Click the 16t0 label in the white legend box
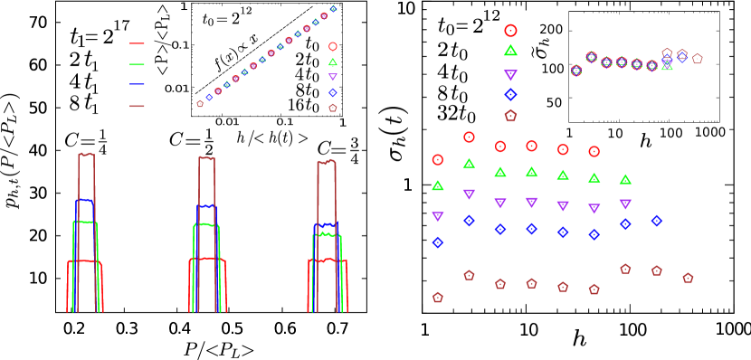pyautogui.click(x=303, y=106)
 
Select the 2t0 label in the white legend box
pyautogui.click(x=307, y=60)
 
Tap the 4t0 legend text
pyautogui.click(x=307, y=75)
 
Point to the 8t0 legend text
pyautogui.click(x=307, y=90)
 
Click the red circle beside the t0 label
pyautogui.click(x=333, y=46)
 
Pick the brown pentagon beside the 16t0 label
pyautogui.click(x=333, y=108)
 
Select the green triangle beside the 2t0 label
pyautogui.click(x=333, y=62)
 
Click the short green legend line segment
pyautogui.click(x=137, y=64)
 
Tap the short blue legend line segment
pyautogui.click(x=137, y=84)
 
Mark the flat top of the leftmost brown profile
pyautogui.click(x=86, y=155)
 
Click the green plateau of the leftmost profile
pyautogui.click(x=84, y=222)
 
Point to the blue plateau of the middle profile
pyautogui.click(x=207, y=206)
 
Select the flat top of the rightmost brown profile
pyautogui.click(x=326, y=163)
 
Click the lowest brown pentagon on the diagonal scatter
pyautogui.click(x=200, y=104)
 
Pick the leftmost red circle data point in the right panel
pyautogui.click(x=438, y=159)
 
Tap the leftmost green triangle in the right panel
pyautogui.click(x=438, y=185)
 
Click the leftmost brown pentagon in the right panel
pyautogui.click(x=438, y=297)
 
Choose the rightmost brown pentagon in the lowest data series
pyautogui.click(x=688, y=278)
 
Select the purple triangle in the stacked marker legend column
pyautogui.click(x=510, y=74)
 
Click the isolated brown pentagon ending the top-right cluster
pyautogui.click(x=698, y=59)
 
